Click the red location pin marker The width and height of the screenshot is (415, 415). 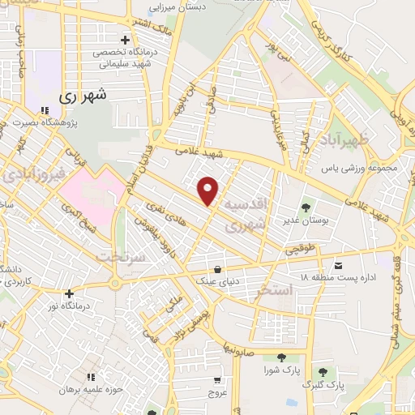click(209, 190)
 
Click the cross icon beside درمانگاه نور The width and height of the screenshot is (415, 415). click(70, 293)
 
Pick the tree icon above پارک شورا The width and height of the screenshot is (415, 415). click(281, 357)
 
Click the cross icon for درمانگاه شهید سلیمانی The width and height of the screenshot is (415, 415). click(124, 40)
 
